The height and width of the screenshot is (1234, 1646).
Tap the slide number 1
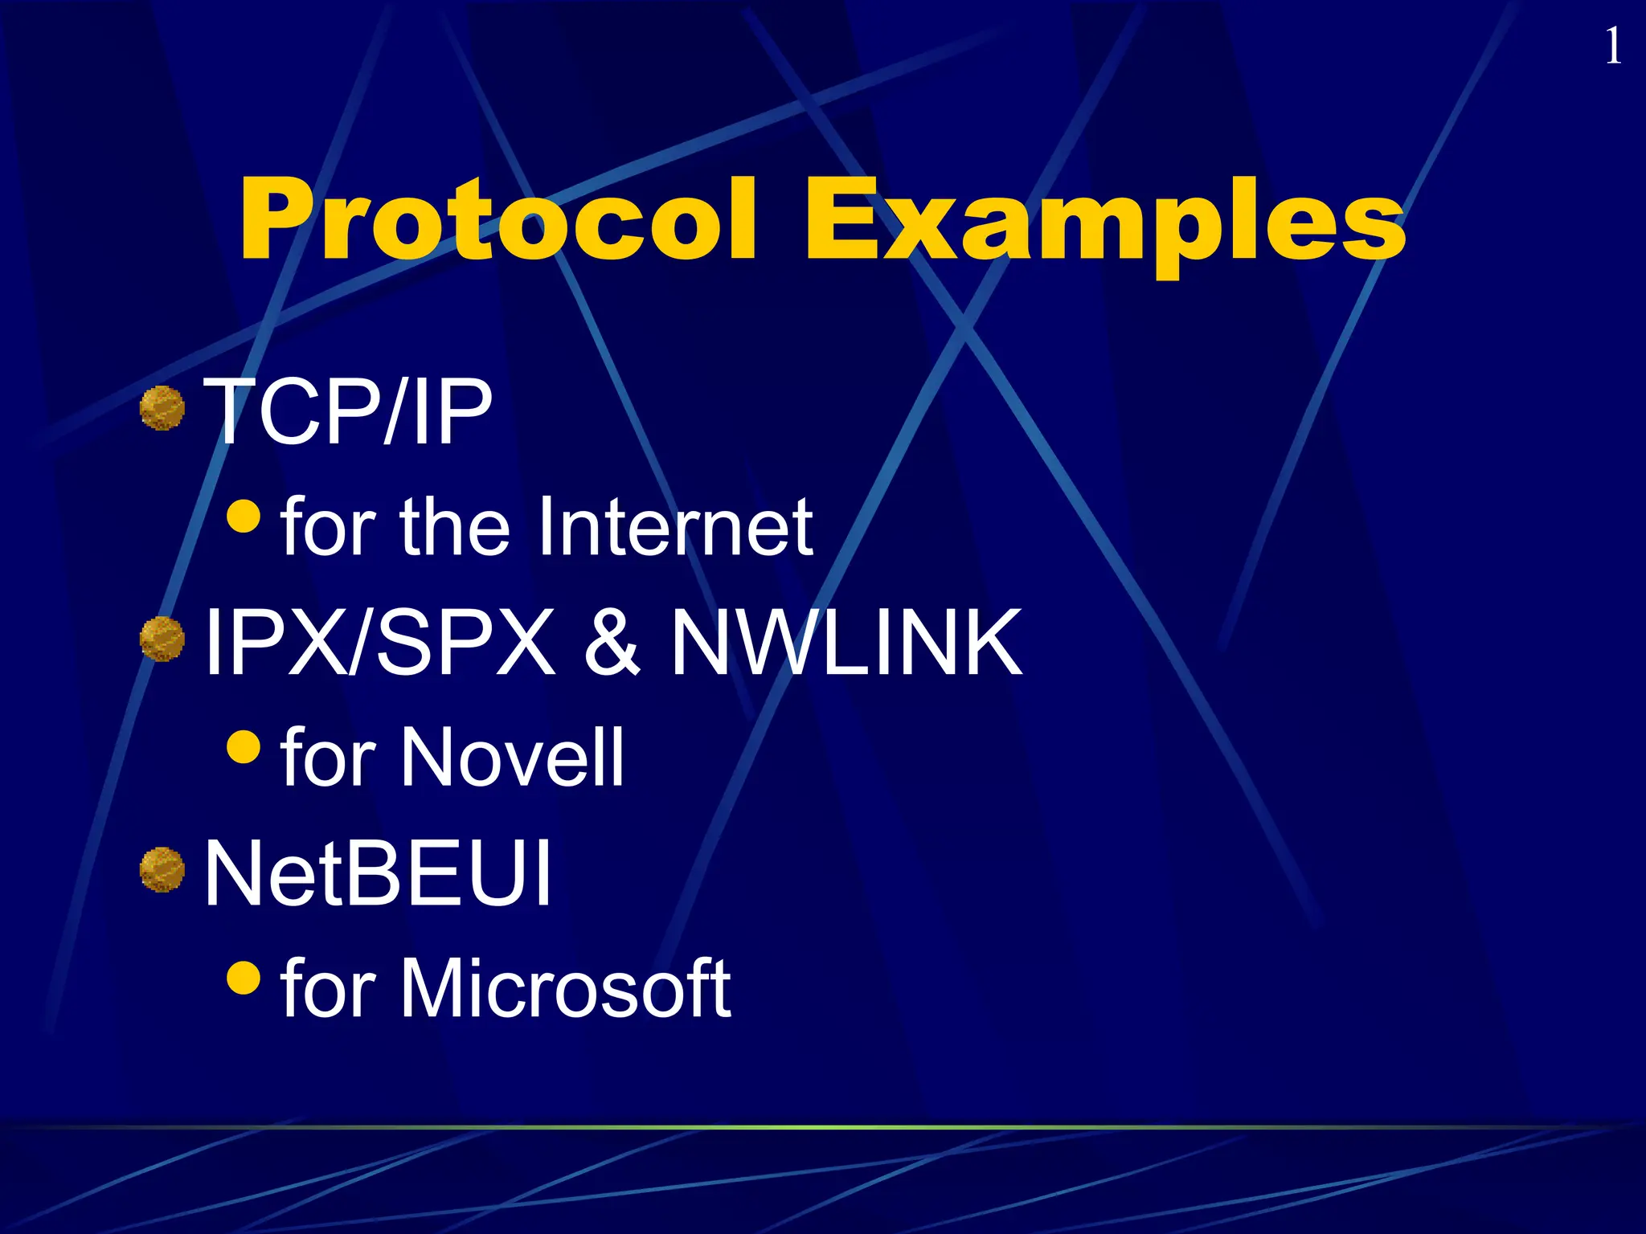[x=1612, y=47]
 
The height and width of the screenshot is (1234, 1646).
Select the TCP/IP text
[x=347, y=411]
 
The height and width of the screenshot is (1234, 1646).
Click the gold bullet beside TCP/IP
[x=162, y=408]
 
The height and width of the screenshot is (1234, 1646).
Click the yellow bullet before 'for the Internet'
[x=244, y=517]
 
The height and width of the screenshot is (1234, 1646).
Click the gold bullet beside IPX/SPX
[x=162, y=639]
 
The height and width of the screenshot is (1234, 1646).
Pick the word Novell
[x=512, y=757]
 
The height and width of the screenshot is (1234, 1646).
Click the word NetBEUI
[x=378, y=873]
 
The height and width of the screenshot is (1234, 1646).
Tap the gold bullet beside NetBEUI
[x=162, y=870]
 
